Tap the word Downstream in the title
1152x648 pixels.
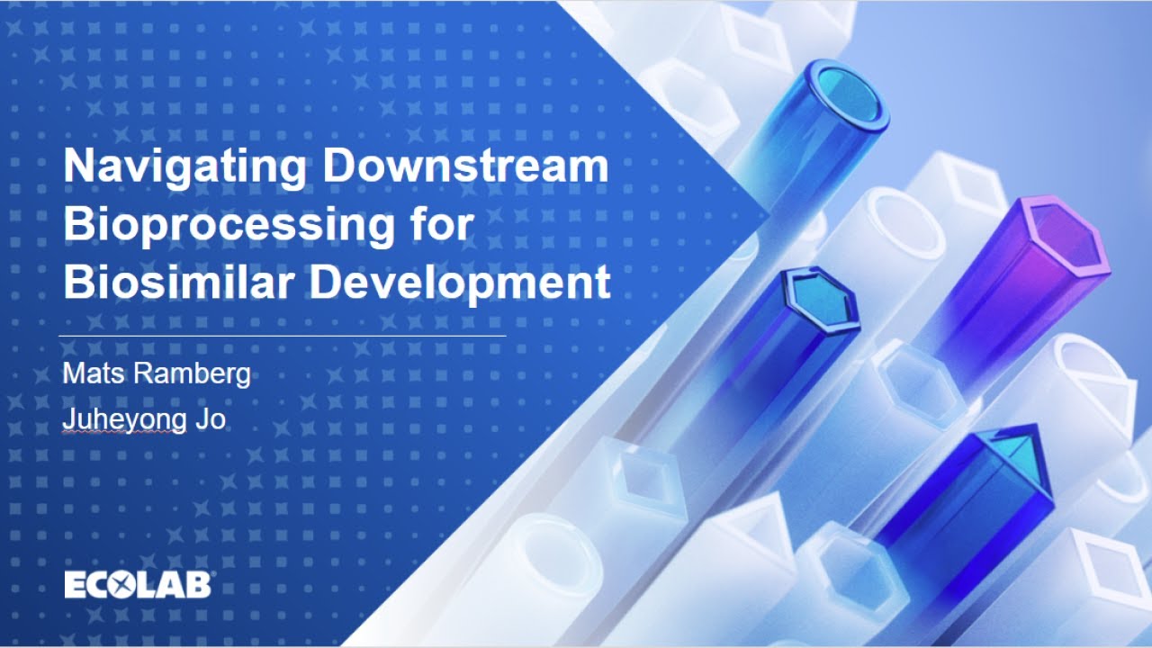(x=465, y=167)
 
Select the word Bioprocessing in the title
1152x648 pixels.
(x=229, y=225)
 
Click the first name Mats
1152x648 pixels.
(x=93, y=374)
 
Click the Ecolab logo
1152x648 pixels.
(x=137, y=584)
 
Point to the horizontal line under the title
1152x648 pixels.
(x=282, y=336)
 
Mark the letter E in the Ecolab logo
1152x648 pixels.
(x=75, y=584)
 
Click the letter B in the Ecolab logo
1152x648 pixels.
(x=199, y=584)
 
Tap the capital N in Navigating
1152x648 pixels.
(x=78, y=167)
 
